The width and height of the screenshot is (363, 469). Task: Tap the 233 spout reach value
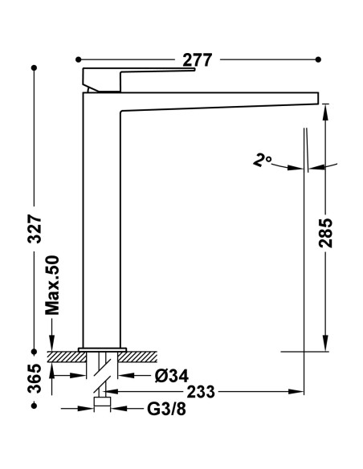tap(200, 392)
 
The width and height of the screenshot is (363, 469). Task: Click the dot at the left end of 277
tap(78, 59)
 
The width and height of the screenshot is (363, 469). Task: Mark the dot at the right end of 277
tap(318, 59)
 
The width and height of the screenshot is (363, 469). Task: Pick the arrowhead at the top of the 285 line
tap(326, 109)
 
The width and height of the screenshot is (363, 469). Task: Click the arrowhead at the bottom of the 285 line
tap(326, 347)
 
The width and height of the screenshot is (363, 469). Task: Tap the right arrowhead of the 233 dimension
tap(303, 392)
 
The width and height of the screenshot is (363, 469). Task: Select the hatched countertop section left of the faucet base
tap(65, 354)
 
